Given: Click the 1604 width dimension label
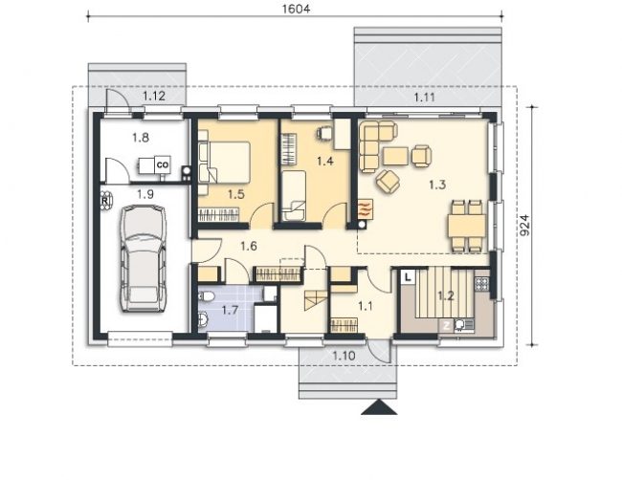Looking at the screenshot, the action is click(x=296, y=9).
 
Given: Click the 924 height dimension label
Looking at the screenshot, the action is click(x=524, y=225).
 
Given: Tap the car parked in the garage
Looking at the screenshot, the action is click(x=144, y=258).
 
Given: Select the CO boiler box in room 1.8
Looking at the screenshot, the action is click(x=163, y=164).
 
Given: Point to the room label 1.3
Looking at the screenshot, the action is click(x=437, y=185).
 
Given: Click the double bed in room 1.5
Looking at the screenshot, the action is click(x=225, y=163).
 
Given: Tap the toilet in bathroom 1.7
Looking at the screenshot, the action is click(x=206, y=296).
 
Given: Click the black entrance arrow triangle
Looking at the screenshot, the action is click(x=379, y=407).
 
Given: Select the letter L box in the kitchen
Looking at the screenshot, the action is click(x=408, y=277).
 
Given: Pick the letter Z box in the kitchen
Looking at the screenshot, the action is click(x=447, y=326).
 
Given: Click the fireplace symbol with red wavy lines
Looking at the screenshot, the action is click(x=366, y=208).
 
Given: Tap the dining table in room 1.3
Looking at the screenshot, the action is click(x=467, y=226).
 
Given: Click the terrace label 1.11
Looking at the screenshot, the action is click(x=425, y=98).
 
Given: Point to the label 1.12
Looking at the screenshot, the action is click(x=154, y=96).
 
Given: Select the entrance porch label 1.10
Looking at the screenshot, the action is click(x=344, y=356).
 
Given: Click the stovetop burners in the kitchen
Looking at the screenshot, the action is click(x=482, y=283).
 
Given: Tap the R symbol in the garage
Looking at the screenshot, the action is click(x=104, y=201).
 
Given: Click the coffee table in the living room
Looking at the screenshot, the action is click(x=395, y=156).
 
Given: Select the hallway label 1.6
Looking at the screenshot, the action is click(x=249, y=246).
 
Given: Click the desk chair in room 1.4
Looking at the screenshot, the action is click(x=324, y=133).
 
